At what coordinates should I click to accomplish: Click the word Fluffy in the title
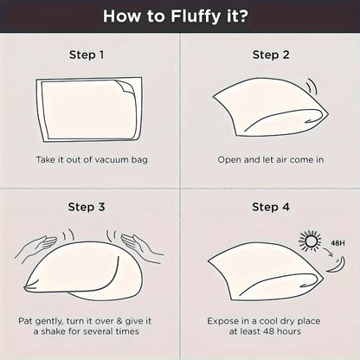click(196, 16)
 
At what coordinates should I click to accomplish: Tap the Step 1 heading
click(87, 55)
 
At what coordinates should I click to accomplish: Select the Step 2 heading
click(271, 55)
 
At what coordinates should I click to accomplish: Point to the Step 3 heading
click(87, 207)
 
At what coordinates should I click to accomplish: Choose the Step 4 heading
click(271, 207)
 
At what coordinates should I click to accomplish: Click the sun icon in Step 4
click(310, 241)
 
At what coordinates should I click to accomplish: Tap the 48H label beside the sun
click(337, 243)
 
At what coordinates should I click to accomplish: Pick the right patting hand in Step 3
click(141, 245)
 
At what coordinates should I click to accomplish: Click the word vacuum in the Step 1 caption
click(112, 160)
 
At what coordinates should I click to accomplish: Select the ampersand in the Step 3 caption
click(119, 321)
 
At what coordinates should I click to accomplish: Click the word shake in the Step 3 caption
click(55, 331)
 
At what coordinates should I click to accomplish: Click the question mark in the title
click(243, 16)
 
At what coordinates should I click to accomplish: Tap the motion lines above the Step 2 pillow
click(312, 87)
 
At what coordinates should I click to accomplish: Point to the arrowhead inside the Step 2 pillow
click(308, 121)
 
